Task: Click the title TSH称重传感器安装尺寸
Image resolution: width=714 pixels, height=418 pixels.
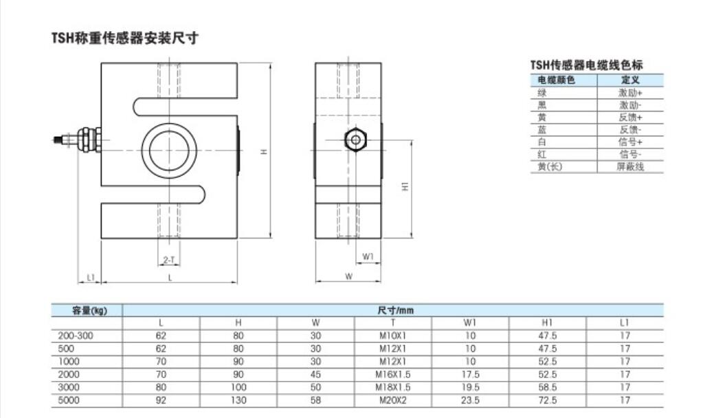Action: coord(125,38)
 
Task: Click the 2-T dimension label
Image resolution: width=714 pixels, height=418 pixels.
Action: coord(169,260)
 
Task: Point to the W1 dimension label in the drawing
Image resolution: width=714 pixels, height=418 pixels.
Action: coord(368,257)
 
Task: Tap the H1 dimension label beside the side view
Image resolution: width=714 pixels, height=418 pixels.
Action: coord(405,186)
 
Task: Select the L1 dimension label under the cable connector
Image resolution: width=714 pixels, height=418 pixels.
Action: coord(90,277)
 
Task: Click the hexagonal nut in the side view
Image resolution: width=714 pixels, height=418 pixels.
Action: coord(356,140)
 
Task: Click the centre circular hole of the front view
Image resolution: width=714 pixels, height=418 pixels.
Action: coord(169,151)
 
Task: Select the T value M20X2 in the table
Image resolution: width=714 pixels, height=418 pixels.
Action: coord(392,400)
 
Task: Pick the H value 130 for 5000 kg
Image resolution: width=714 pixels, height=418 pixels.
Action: coord(238,400)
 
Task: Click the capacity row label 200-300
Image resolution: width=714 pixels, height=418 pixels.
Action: coord(76,335)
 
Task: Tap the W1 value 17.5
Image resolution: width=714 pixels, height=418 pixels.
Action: coord(470,374)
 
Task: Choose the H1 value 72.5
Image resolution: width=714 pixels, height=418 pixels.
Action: coord(547,400)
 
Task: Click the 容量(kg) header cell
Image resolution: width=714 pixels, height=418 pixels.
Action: coord(89,311)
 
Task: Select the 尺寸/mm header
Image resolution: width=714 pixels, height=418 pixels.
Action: coord(395,311)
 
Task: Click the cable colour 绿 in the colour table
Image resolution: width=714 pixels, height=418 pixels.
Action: coord(542,93)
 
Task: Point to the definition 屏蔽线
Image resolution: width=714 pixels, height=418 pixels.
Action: coord(630,166)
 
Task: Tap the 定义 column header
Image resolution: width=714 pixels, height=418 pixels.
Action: coord(630,80)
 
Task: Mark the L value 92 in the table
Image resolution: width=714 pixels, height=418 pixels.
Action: coord(161,400)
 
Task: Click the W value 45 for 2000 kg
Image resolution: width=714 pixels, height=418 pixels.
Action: coord(315,374)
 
